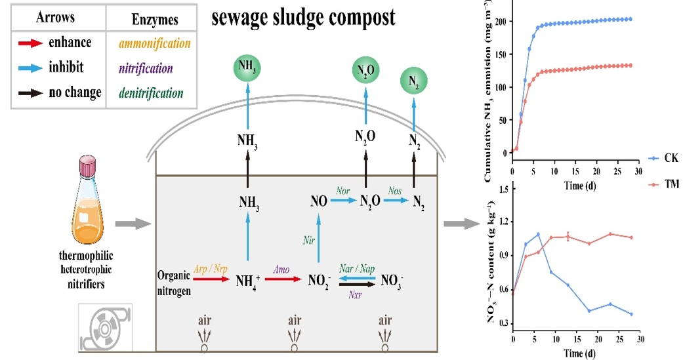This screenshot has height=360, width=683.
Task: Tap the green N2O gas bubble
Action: point(366,71)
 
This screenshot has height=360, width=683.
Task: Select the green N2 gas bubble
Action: point(415,81)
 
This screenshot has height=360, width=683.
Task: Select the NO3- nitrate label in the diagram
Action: point(392,282)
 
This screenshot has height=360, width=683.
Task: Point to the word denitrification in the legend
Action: point(151,93)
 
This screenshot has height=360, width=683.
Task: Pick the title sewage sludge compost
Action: point(303,18)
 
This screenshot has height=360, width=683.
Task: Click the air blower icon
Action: point(105,328)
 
